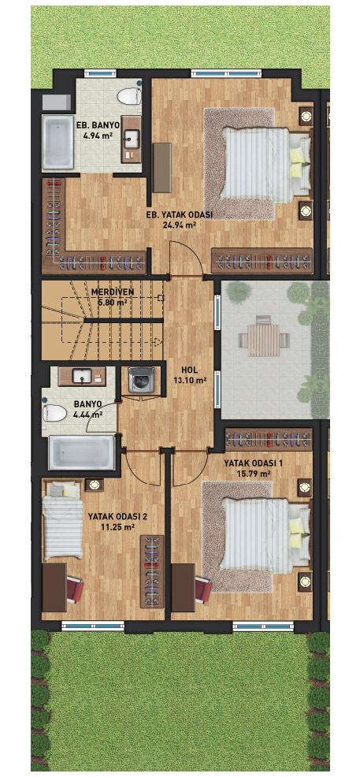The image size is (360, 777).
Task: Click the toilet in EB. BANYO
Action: [x=130, y=95]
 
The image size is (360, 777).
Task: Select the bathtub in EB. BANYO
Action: [x=58, y=142]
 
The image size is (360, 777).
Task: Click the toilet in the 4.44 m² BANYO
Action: [x=54, y=412]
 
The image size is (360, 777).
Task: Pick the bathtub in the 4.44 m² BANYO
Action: [x=82, y=452]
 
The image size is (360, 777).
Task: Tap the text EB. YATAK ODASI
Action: [x=180, y=214]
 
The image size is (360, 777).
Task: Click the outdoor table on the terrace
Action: [x=263, y=340]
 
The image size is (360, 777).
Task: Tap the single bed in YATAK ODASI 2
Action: [x=63, y=520]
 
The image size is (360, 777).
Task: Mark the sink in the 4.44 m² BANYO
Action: [x=81, y=376]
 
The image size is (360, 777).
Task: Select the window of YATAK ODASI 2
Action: [x=94, y=626]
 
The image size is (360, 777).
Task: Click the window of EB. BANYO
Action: [x=101, y=74]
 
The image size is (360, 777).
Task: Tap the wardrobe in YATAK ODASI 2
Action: [x=151, y=571]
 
